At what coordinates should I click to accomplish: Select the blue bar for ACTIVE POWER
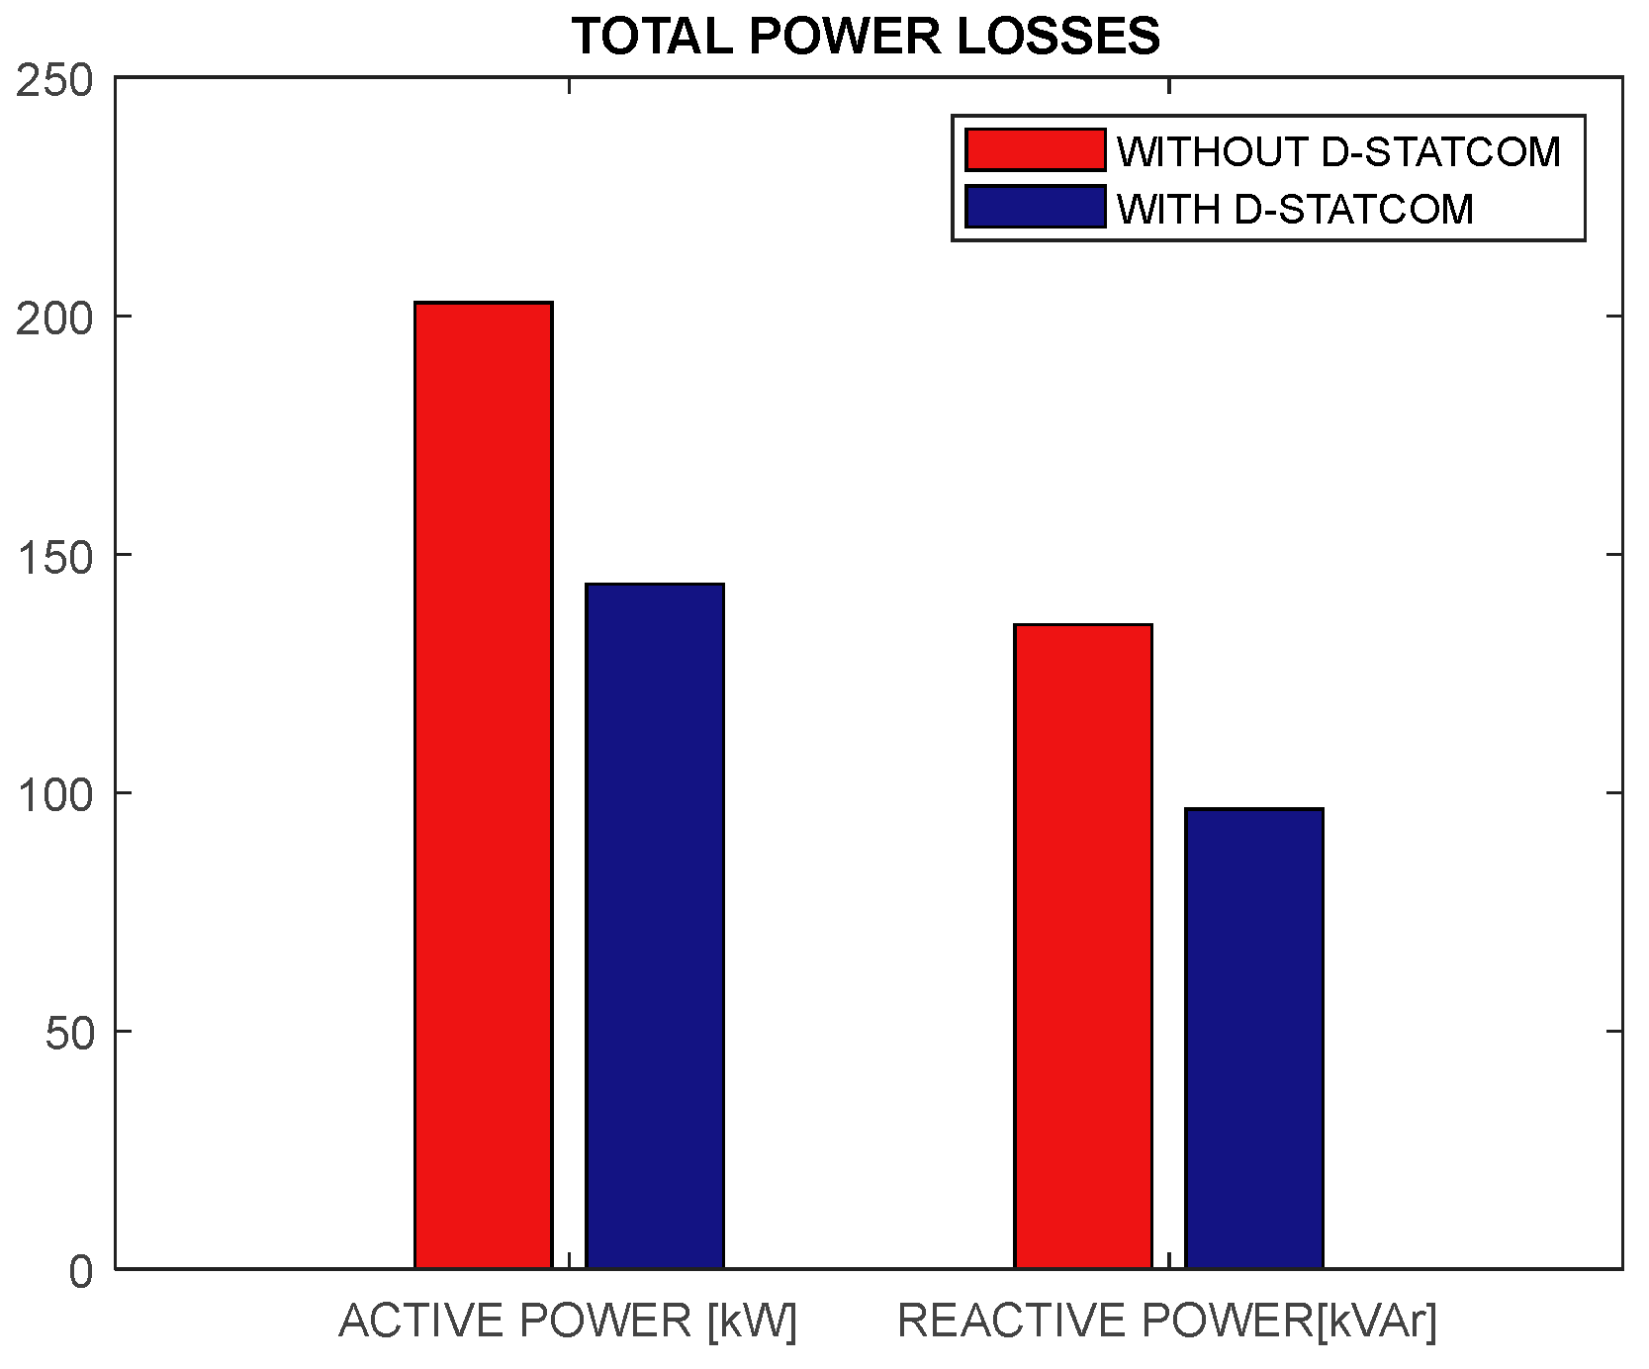pyautogui.click(x=655, y=926)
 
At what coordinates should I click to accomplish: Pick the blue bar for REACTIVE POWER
pyautogui.click(x=1254, y=1038)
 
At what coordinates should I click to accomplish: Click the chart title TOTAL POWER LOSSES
pyautogui.click(x=866, y=38)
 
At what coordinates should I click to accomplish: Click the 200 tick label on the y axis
pyautogui.click(x=55, y=319)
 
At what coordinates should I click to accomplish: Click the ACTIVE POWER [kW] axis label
pyautogui.click(x=568, y=1322)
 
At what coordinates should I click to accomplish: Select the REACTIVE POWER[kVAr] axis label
pyautogui.click(x=1167, y=1322)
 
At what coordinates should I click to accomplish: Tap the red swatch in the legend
pyautogui.click(x=1035, y=150)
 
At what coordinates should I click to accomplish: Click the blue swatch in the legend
pyautogui.click(x=1035, y=207)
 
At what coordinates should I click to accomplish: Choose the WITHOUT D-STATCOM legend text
pyautogui.click(x=1338, y=152)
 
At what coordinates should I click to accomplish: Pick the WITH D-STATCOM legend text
pyautogui.click(x=1295, y=209)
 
